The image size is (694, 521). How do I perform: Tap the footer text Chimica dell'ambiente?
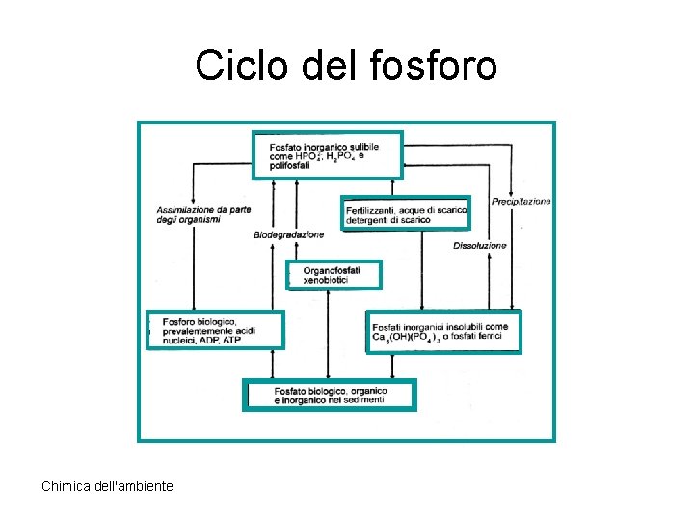[x=107, y=486]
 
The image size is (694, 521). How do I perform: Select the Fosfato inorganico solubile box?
[x=327, y=155]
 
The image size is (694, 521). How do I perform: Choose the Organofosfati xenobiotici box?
[x=334, y=275]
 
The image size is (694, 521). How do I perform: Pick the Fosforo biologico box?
[x=215, y=330]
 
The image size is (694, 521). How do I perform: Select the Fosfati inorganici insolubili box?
[x=443, y=332]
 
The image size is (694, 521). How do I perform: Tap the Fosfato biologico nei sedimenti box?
[x=329, y=395]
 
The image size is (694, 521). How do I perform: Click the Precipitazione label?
[x=520, y=202]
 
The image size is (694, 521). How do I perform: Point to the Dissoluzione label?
[x=479, y=246]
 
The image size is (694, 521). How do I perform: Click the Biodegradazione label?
[x=288, y=235]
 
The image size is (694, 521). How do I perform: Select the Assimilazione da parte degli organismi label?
[x=202, y=214]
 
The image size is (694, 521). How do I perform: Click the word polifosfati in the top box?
[x=279, y=167]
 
